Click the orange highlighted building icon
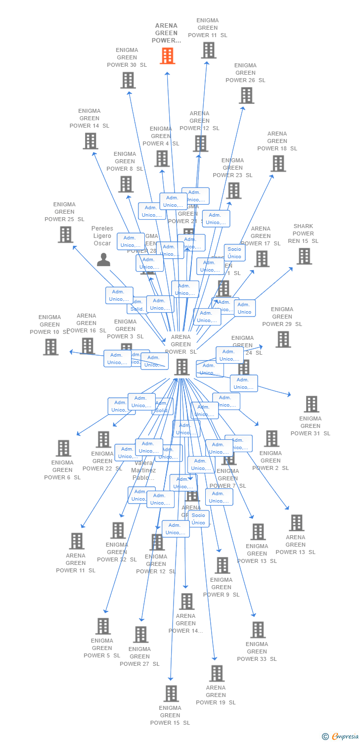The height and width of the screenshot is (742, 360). tap(168, 56)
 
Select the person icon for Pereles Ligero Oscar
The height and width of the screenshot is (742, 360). tap(103, 259)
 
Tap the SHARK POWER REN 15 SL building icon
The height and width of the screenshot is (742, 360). tap(304, 256)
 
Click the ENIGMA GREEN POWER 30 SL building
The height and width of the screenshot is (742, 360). tap(128, 80)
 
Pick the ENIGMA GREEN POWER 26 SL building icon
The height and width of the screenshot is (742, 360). tap(246, 95)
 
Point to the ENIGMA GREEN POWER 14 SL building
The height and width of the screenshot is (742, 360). tap(90, 141)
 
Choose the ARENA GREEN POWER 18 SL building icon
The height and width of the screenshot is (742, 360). tap(278, 163)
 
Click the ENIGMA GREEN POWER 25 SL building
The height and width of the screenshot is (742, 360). tap(65, 234)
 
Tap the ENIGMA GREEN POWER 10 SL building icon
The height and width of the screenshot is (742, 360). tap(50, 347)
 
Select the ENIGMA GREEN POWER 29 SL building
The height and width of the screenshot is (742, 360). tap(283, 339)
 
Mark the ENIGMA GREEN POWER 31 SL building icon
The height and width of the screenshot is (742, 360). tap(311, 404)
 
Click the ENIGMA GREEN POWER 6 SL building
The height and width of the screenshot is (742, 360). tap(63, 448)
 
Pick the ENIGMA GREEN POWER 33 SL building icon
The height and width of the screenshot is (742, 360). tap(258, 630)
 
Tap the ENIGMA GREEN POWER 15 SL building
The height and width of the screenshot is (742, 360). tap(171, 694)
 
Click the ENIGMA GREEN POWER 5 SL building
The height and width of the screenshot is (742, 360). tap(103, 626)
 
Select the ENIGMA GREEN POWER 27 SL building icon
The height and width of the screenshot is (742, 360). tap(140, 635)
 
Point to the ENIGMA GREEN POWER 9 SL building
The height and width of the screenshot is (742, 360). tap(222, 565)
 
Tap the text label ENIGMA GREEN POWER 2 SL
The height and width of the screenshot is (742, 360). tap(270, 461)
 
